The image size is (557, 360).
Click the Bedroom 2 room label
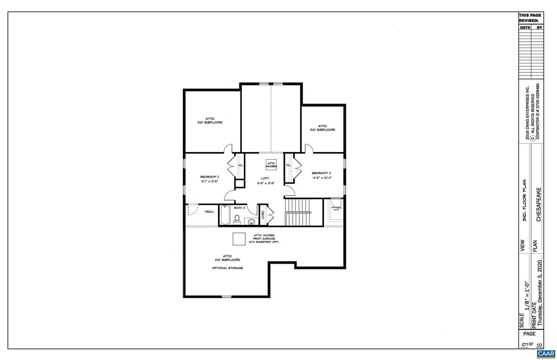(x=210, y=177)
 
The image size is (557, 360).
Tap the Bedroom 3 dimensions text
(x=322, y=178)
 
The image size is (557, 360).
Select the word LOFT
(x=265, y=178)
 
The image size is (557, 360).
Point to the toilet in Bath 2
(x=237, y=219)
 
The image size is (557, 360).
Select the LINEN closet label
(x=263, y=215)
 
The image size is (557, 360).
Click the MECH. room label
(x=209, y=212)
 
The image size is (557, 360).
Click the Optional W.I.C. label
(x=336, y=208)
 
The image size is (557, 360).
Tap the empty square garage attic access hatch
(x=239, y=239)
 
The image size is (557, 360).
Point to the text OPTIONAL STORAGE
(x=227, y=268)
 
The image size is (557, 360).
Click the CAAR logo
(x=546, y=354)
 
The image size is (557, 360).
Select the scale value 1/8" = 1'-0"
(x=526, y=295)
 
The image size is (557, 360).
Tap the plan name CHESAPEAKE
(x=538, y=205)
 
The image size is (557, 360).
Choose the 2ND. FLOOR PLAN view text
(x=525, y=200)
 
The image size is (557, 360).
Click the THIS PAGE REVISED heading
(x=530, y=18)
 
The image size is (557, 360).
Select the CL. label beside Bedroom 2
(x=241, y=165)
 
